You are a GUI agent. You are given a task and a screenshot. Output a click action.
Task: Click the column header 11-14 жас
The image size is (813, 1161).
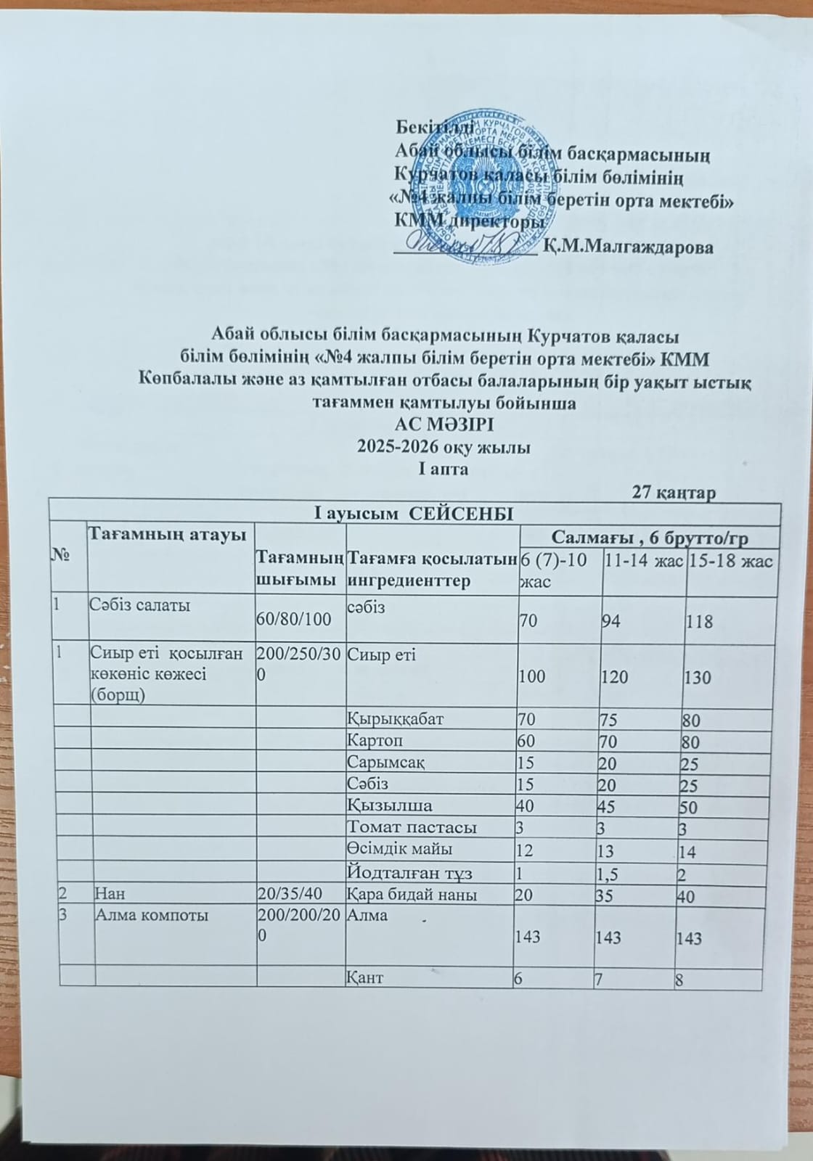click(643, 560)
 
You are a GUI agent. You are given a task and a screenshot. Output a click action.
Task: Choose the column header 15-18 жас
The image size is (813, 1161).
click(731, 560)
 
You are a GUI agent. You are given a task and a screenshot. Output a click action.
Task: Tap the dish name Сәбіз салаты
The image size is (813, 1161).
click(140, 606)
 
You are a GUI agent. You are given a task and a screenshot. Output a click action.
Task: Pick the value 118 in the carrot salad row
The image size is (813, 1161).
click(702, 622)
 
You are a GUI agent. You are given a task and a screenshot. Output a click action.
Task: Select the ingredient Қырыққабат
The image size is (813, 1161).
click(396, 719)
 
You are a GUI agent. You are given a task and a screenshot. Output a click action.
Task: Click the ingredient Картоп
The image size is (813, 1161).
click(375, 742)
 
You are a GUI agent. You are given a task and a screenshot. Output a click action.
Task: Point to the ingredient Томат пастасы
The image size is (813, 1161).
click(412, 826)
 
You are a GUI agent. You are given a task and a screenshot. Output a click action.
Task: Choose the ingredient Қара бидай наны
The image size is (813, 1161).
click(412, 895)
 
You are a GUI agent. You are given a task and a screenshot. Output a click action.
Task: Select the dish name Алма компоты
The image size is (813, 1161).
click(151, 915)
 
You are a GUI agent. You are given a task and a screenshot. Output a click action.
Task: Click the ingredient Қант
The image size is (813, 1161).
click(366, 977)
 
